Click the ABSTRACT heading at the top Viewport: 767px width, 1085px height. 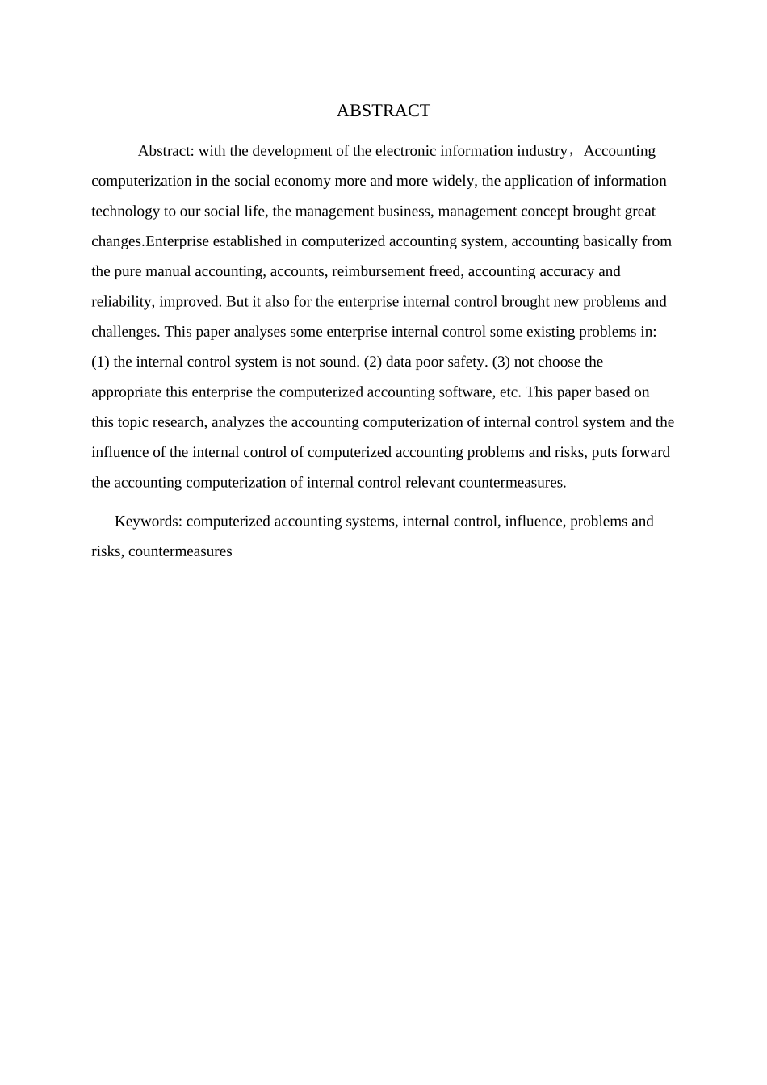tap(383, 111)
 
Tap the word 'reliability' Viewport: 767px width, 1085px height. tap(123, 302)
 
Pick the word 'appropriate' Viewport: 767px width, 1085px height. tap(127, 392)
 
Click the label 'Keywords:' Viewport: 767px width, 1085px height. tap(149, 522)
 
